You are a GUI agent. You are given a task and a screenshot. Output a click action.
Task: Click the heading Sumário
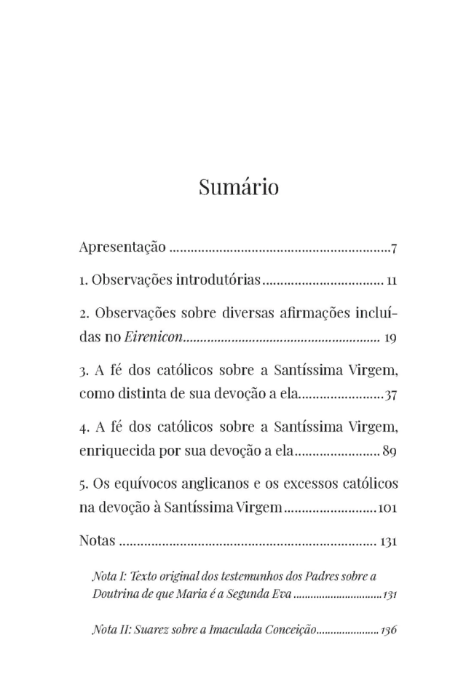coord(238,187)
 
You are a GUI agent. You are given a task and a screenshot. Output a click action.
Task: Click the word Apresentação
coord(122,248)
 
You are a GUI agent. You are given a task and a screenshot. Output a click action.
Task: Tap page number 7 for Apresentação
coord(393,249)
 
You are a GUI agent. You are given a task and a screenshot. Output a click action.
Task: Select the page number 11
coord(392,280)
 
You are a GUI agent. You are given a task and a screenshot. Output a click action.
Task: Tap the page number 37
coord(390,396)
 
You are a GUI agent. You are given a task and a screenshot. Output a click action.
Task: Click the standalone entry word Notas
coord(97,541)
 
